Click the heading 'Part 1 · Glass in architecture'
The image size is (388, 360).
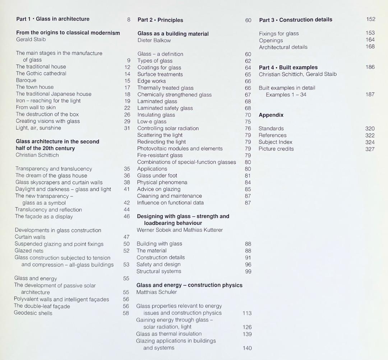click(53, 19)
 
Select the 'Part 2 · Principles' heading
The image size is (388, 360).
click(160, 20)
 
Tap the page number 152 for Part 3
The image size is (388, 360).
click(371, 19)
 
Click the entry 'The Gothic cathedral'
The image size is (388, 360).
click(41, 73)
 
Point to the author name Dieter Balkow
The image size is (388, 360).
click(154, 40)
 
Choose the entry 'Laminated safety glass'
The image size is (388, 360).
click(165, 108)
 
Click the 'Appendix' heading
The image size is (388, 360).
click(271, 115)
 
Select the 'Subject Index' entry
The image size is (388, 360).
click(275, 142)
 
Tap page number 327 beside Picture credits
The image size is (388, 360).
click(370, 149)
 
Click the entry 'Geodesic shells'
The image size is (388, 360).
click(33, 313)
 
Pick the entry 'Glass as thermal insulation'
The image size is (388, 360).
click(169, 334)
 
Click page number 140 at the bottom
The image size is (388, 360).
click(247, 348)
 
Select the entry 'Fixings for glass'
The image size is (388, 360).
click(279, 33)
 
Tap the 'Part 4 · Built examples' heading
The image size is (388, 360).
click(288, 67)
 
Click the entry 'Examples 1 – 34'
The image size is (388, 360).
click(286, 94)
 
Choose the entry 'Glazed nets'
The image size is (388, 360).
click(29, 251)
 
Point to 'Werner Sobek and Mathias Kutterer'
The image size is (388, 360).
click(180, 230)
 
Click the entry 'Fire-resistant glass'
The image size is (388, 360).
click(160, 155)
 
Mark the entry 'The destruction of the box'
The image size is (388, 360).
click(47, 114)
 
